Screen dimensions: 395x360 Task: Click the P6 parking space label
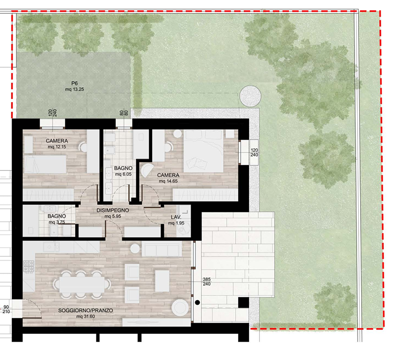[x=74, y=83]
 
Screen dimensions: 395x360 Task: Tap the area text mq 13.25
[x=75, y=89]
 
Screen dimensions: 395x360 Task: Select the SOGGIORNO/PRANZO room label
[x=86, y=311]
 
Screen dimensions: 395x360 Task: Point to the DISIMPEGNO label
[x=113, y=210]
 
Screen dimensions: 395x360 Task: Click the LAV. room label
[x=176, y=217]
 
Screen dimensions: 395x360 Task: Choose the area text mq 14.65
[x=168, y=181]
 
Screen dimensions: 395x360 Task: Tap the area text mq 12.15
[x=57, y=147]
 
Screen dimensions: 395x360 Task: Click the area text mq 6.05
[x=123, y=174]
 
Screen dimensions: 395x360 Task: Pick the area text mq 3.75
[x=57, y=222]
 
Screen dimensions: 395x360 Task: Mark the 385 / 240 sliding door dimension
[x=206, y=282]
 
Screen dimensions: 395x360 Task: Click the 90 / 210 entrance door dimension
[x=6, y=309]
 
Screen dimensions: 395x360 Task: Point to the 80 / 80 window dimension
[x=124, y=113]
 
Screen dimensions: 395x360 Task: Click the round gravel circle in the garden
[x=250, y=96]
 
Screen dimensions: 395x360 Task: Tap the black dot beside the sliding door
[x=198, y=302]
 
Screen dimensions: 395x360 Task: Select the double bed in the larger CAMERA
[x=203, y=151]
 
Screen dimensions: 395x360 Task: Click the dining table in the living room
[x=82, y=285]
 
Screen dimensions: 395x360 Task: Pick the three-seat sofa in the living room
[x=162, y=249]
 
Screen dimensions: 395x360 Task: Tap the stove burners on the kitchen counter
[x=29, y=266]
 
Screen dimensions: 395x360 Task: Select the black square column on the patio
[x=243, y=303]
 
